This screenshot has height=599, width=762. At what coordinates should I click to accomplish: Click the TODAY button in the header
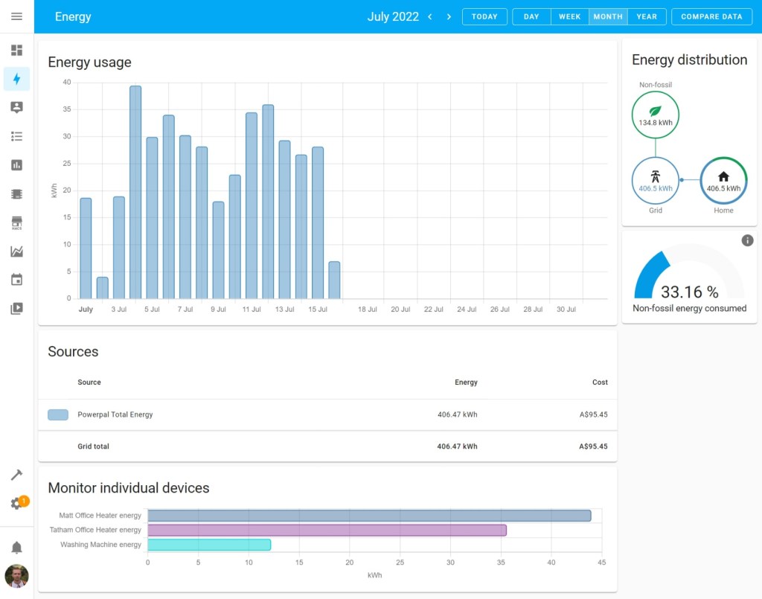pyautogui.click(x=484, y=16)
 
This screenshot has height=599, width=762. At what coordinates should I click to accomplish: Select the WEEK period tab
pyautogui.click(x=569, y=16)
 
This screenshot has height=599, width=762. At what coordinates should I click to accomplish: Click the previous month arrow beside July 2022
pyautogui.click(x=429, y=16)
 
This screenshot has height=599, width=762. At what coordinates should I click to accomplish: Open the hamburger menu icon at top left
pyautogui.click(x=16, y=16)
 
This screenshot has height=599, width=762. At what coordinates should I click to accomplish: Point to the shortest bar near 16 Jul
pyautogui.click(x=334, y=280)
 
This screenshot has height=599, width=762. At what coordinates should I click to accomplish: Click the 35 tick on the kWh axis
pyautogui.click(x=67, y=109)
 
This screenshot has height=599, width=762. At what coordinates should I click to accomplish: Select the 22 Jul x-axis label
pyautogui.click(x=434, y=309)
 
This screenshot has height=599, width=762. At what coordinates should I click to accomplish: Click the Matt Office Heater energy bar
pyautogui.click(x=368, y=516)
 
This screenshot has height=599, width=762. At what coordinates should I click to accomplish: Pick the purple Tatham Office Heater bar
pyautogui.click(x=327, y=531)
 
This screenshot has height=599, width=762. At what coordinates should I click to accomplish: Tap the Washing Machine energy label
pyautogui.click(x=100, y=545)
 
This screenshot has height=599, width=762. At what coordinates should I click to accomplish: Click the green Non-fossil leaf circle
pyautogui.click(x=655, y=115)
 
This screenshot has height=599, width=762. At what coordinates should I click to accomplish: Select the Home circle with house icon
pyautogui.click(x=723, y=180)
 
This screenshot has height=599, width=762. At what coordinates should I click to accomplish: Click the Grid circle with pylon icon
pyautogui.click(x=655, y=180)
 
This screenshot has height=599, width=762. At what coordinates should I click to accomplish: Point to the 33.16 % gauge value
pyautogui.click(x=689, y=292)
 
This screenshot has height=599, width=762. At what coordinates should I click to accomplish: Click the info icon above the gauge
pyautogui.click(x=747, y=240)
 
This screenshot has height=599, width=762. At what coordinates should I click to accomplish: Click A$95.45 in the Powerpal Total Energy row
pyautogui.click(x=592, y=414)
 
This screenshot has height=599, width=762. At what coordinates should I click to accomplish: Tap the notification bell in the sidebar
pyautogui.click(x=16, y=548)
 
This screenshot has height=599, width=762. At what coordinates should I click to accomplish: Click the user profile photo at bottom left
pyautogui.click(x=16, y=576)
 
